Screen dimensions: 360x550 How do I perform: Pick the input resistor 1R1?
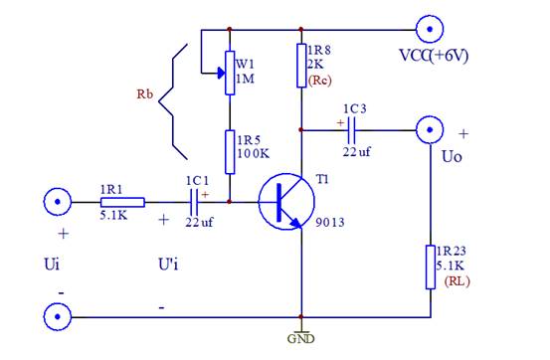coord(121,202)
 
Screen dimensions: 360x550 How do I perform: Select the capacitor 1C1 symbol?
coord(196,202)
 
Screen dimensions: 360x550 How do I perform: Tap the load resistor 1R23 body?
coord(430,266)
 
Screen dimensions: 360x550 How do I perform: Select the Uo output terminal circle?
coord(430,128)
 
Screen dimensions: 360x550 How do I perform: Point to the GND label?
coord(299,338)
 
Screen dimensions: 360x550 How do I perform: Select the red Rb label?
coord(145,97)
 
